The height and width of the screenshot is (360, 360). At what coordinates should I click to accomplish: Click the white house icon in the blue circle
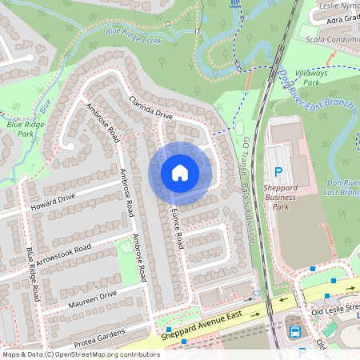tap(180, 173)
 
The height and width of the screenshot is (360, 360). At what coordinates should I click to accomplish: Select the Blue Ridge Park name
tap(26, 129)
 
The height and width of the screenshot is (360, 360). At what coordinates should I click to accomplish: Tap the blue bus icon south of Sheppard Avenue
tap(294, 332)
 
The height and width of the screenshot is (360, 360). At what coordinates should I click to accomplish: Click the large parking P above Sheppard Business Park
tap(278, 171)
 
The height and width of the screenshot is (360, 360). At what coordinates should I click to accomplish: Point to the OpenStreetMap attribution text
tap(81, 354)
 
